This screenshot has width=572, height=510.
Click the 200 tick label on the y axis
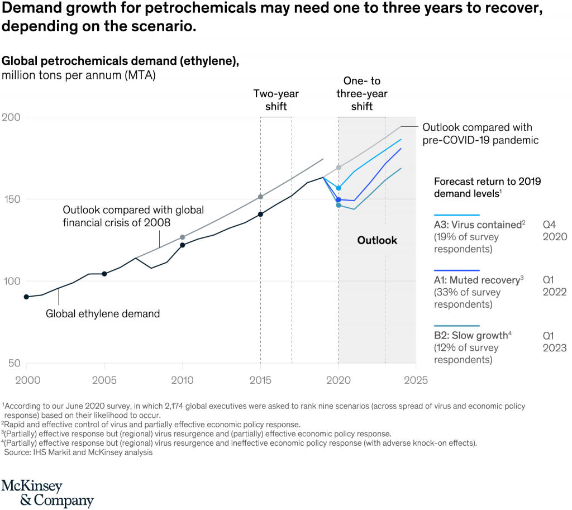[11, 117]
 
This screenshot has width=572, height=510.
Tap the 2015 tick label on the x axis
[260, 380]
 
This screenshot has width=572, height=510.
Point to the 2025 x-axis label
[416, 380]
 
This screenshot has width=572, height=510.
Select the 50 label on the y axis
[13, 364]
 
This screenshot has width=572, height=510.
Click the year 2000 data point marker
[26, 297]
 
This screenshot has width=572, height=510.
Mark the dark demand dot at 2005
[104, 274]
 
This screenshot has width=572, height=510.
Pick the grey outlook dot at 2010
[182, 237]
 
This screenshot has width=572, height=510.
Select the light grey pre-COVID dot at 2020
[339, 168]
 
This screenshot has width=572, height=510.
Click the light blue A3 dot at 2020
[339, 188]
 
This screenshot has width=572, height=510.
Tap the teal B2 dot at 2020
[339, 206]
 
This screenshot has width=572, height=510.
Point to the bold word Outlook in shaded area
[377, 240]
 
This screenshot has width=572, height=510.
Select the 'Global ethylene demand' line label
[103, 314]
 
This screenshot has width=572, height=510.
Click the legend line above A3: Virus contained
[457, 215]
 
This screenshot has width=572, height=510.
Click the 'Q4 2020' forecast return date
[554, 230]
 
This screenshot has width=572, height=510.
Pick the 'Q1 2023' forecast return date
[554, 341]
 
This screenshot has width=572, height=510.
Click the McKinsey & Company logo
[47, 493]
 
